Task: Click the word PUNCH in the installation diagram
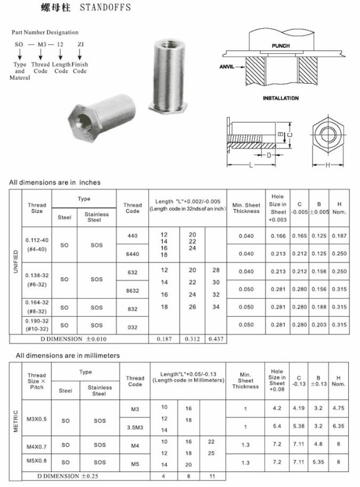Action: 280,46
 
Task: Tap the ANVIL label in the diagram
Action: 227,66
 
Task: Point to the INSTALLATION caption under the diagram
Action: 280,98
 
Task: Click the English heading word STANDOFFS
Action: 105,7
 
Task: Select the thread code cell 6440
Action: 132,254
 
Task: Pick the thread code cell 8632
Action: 132,290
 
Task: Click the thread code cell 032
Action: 132,327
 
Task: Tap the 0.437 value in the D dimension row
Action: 216,339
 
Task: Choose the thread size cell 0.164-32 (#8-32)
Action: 37,307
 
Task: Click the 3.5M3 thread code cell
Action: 135,428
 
